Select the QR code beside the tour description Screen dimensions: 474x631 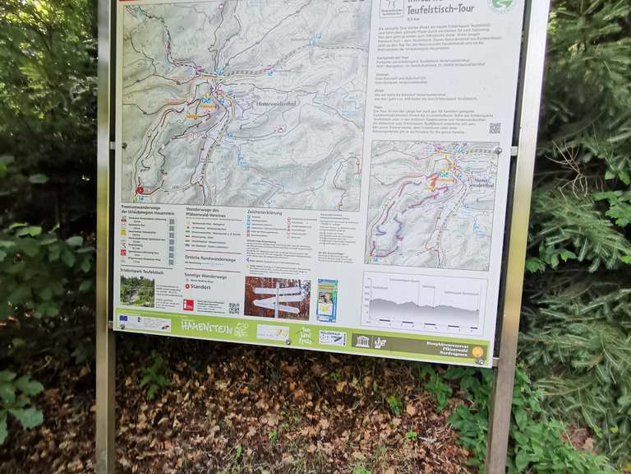(x=495, y=128)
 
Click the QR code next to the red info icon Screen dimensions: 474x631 (x=233, y=308)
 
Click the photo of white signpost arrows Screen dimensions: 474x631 (x=277, y=298)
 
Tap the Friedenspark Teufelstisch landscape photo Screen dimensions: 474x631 (x=136, y=290)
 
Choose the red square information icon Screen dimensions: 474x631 (x=189, y=304)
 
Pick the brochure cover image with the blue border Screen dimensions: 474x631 (x=327, y=300)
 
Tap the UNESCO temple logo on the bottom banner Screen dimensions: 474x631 (x=362, y=341)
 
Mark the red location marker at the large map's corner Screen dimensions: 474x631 (x=139, y=189)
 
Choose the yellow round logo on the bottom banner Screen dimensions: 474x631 (x=477, y=352)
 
